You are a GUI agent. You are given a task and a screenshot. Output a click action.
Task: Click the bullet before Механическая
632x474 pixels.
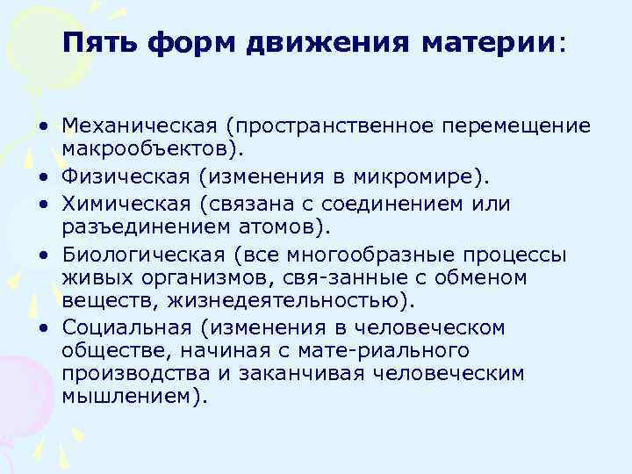tap(42, 127)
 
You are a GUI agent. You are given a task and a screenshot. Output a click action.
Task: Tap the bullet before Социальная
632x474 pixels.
tap(42, 328)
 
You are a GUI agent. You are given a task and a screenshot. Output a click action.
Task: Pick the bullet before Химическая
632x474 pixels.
tap(42, 204)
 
